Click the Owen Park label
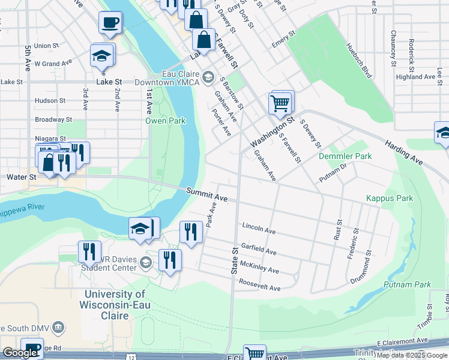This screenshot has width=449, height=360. pos(166,121)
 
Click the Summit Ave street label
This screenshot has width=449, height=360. pos(206,194)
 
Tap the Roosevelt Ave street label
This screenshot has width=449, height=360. pos(259,284)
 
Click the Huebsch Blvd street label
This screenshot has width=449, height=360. pos(358,61)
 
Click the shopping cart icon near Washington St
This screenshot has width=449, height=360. pos(280,103)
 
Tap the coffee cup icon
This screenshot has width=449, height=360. pos(110,23)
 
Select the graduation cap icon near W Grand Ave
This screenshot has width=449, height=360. pos(101,56)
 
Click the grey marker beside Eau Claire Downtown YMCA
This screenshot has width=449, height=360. pos(208,76)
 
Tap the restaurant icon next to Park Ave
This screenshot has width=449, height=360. pos(190,231)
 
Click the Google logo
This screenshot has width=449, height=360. pos(20,353)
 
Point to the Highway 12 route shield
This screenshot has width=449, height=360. pos(148,358)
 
